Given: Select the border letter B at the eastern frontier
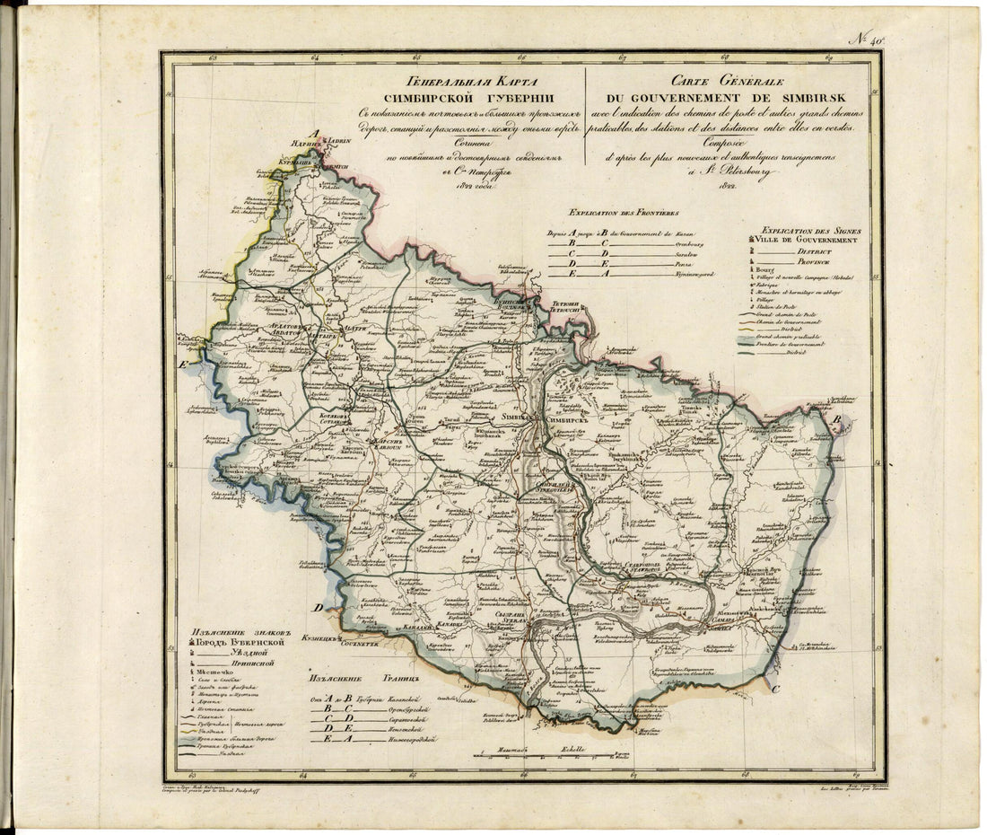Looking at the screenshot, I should (x=836, y=420).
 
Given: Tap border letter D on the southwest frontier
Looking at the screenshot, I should (x=318, y=608).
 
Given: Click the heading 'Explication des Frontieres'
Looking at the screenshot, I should (x=617, y=214).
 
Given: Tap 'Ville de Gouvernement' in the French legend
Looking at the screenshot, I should (x=808, y=240).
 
